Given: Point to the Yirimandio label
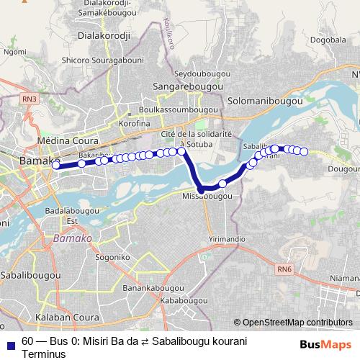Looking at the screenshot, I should pos(227,238).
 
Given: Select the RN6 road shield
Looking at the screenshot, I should pos(284,269).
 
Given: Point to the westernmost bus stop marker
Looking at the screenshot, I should pos(56,165).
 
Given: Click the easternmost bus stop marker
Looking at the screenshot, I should pos(304,151).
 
